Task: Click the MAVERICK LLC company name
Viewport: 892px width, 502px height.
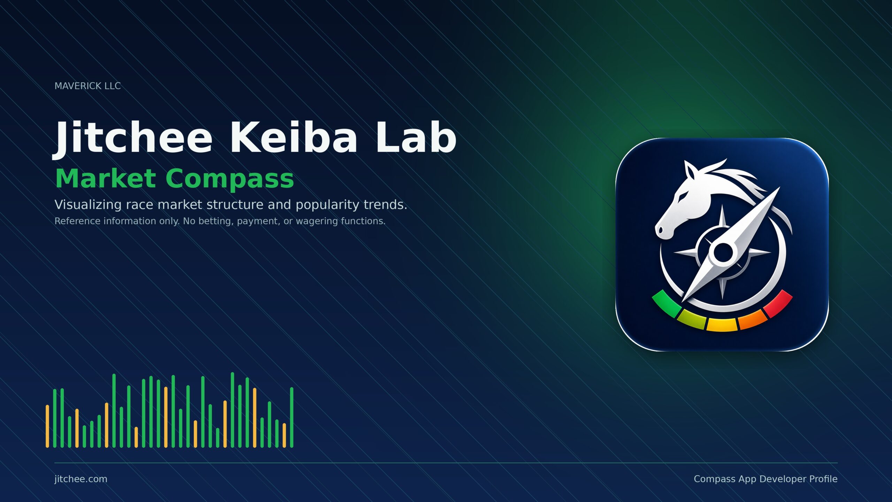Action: click(x=87, y=86)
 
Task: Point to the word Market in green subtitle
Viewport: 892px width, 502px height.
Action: click(x=106, y=178)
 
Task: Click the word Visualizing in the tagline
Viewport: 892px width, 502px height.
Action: click(x=88, y=205)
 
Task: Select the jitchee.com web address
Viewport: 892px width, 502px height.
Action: click(x=81, y=479)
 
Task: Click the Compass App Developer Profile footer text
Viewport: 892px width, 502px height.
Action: click(x=766, y=479)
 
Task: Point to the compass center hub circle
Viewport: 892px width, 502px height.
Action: click(x=723, y=252)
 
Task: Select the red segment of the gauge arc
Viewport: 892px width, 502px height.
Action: click(x=778, y=304)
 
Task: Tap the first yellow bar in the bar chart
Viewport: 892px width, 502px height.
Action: click(x=47, y=426)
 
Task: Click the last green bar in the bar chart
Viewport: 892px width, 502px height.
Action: click(x=292, y=417)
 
